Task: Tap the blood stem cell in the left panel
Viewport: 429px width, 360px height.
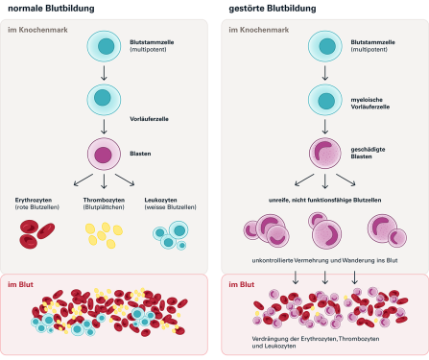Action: [x=104, y=47]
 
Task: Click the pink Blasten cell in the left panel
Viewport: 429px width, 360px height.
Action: [x=104, y=154]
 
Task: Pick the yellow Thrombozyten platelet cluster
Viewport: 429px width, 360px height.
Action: [x=104, y=231]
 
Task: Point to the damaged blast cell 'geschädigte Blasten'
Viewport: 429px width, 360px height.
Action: [x=325, y=154]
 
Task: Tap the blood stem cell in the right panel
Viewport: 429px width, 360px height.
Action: [x=325, y=47]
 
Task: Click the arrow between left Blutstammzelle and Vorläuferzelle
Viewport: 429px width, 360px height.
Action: [x=104, y=74]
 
